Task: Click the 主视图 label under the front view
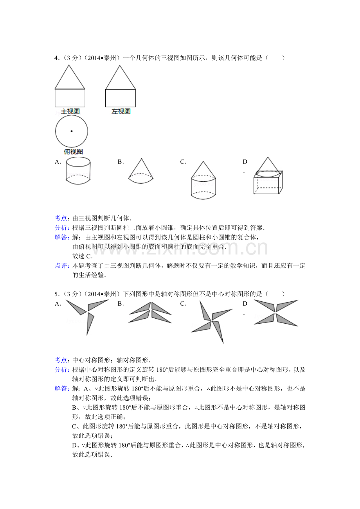[x=70, y=111]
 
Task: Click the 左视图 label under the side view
[x=121, y=111]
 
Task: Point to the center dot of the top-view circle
[x=72, y=131]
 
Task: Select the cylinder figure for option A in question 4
[x=78, y=170]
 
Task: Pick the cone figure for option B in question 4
[x=141, y=170]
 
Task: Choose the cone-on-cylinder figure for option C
[x=203, y=180]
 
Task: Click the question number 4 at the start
[x=56, y=58]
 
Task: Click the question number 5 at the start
[x=56, y=294]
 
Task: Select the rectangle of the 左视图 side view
[x=121, y=98]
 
